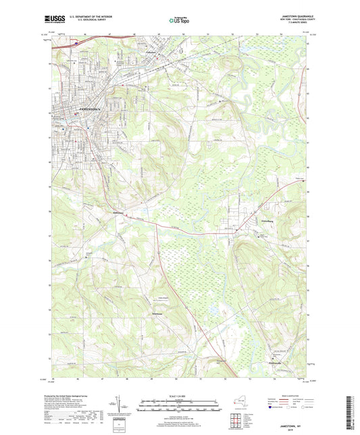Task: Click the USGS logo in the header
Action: coord(55,18)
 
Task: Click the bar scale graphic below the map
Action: coord(179,407)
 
